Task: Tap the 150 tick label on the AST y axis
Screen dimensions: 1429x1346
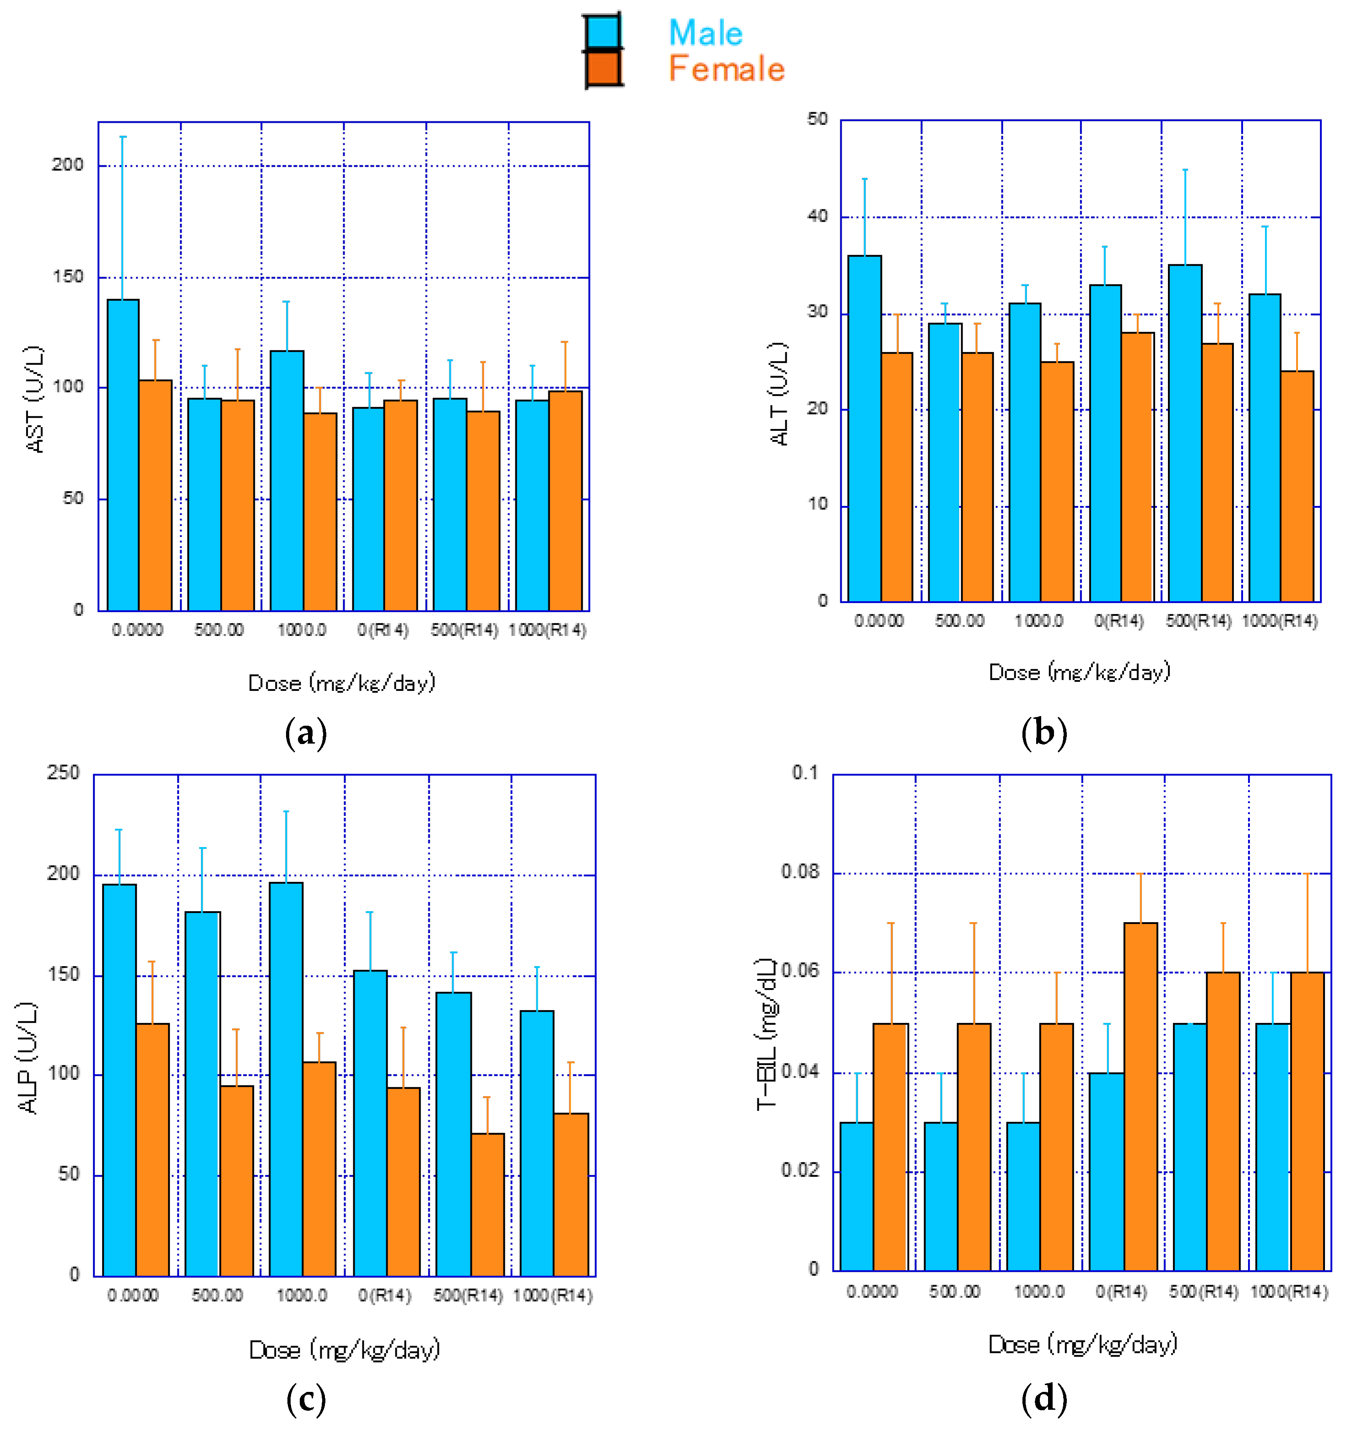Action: [68, 277]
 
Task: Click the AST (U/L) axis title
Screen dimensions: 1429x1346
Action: [34, 400]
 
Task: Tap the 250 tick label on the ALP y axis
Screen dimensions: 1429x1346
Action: [63, 773]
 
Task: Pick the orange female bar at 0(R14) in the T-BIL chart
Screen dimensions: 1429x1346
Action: [1141, 1096]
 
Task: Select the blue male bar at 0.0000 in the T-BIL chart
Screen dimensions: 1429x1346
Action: [857, 1197]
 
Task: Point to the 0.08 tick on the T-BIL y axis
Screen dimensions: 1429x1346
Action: [800, 872]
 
